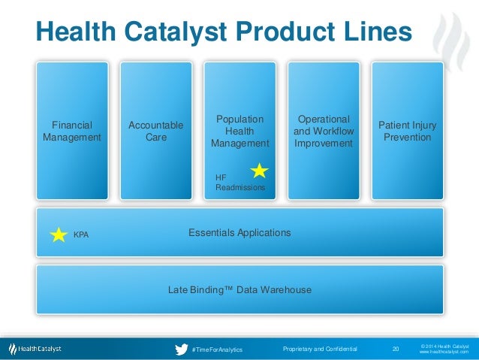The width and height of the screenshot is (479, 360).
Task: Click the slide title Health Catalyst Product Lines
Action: point(224,32)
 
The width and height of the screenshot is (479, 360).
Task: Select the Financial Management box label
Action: point(72,132)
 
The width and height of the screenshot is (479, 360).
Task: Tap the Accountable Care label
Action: point(155,132)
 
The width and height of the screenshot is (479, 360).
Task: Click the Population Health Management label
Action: point(239,132)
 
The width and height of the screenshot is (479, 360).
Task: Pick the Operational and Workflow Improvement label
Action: point(324,132)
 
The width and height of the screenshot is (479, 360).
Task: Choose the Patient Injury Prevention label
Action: point(407,132)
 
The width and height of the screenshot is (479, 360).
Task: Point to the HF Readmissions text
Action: point(239,182)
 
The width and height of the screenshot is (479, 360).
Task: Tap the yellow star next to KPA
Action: point(59,234)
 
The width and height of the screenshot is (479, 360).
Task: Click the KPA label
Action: point(81,235)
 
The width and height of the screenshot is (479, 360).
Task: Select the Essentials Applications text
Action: point(239,233)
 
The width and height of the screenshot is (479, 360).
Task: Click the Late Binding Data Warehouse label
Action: point(239,289)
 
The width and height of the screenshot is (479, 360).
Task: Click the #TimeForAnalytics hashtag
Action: point(217,350)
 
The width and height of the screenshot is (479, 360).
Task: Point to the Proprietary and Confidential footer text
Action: point(321,349)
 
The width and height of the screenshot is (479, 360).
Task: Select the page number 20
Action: point(396,349)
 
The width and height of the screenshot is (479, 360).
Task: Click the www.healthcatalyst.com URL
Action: point(444,352)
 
